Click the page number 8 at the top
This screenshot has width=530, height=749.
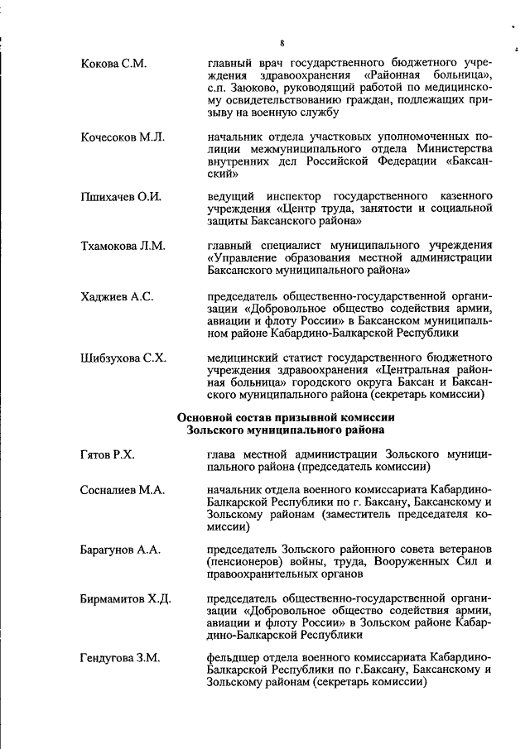coord(282,43)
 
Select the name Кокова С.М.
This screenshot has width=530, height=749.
coord(113,64)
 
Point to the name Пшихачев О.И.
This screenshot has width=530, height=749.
coord(120,197)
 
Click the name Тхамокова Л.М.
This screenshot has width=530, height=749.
coord(123,246)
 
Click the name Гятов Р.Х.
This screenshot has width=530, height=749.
coord(108,454)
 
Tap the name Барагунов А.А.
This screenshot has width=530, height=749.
coord(121,550)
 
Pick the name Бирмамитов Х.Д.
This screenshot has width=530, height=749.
coord(125,598)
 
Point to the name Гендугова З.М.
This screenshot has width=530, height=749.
coord(121,658)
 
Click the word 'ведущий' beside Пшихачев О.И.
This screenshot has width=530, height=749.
coord(230,197)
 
